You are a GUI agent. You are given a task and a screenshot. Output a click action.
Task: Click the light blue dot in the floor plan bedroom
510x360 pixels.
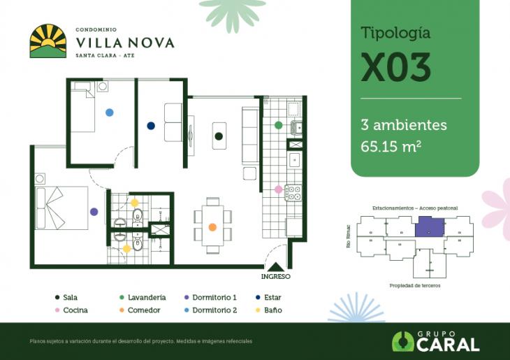109,112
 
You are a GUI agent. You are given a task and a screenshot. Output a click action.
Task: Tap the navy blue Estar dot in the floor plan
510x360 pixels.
151,126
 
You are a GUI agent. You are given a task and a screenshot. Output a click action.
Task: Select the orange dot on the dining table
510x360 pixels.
212,227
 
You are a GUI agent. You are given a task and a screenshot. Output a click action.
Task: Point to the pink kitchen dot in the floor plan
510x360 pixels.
278,189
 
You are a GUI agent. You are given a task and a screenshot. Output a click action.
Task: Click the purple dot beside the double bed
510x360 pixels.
94,211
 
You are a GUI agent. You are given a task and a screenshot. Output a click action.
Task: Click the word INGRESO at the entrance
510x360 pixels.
277,276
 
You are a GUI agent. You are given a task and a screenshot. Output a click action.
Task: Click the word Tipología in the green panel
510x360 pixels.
395,33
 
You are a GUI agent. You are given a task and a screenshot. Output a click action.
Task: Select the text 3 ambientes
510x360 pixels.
404,125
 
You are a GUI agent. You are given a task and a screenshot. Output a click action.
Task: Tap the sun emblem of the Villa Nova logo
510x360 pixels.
48,41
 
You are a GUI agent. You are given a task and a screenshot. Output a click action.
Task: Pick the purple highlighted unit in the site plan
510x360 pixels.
429,227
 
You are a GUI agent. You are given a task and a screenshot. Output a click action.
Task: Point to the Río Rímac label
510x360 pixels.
348,240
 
